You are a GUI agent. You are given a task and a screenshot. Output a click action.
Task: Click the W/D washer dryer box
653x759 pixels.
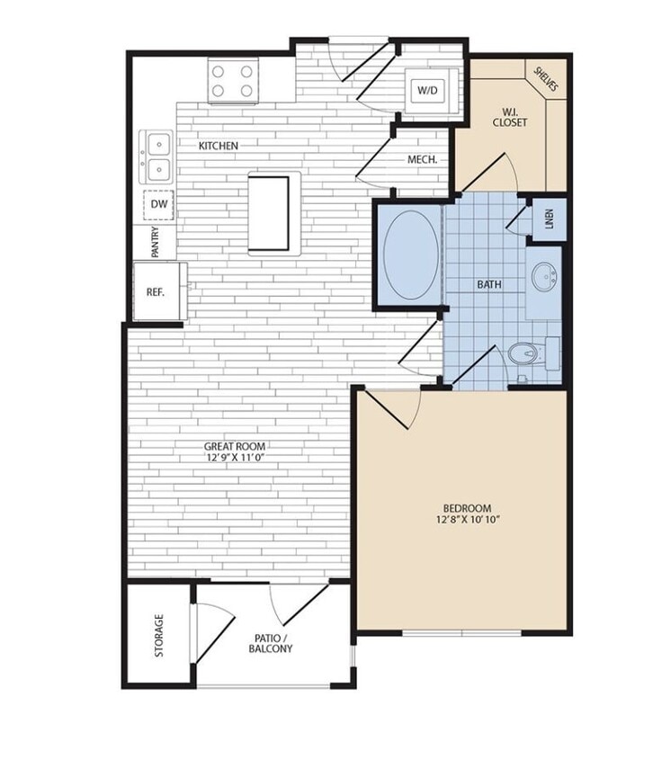pos(425,91)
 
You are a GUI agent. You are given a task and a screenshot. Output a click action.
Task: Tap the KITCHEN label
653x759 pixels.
pos(219,145)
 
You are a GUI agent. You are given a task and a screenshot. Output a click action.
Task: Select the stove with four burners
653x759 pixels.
pos(233,79)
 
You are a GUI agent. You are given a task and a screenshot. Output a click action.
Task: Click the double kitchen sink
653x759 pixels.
pos(157,156)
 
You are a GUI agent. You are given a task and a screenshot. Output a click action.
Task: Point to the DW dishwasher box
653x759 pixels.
pos(158,205)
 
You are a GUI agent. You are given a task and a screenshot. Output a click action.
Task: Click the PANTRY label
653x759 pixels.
pos(157,241)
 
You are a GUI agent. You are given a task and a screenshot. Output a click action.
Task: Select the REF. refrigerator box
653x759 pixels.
pos(155,291)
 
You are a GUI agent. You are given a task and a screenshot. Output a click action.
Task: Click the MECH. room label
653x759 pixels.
pos(423,159)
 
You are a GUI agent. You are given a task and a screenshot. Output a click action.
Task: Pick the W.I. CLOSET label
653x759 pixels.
pos(510,116)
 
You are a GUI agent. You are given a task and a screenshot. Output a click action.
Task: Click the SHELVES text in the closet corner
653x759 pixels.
pos(546,80)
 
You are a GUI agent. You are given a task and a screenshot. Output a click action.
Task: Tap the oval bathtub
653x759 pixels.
pos(411,254)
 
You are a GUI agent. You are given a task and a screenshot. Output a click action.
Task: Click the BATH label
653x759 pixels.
pos(489,284)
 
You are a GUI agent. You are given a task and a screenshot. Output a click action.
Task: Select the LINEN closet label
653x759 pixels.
pos(550,220)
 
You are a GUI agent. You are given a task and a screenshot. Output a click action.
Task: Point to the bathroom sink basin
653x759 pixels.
pos(543,278)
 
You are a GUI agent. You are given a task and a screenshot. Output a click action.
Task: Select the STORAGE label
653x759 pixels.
pos(159,636)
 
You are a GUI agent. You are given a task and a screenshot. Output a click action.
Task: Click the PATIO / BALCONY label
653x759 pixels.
pos(272,642)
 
